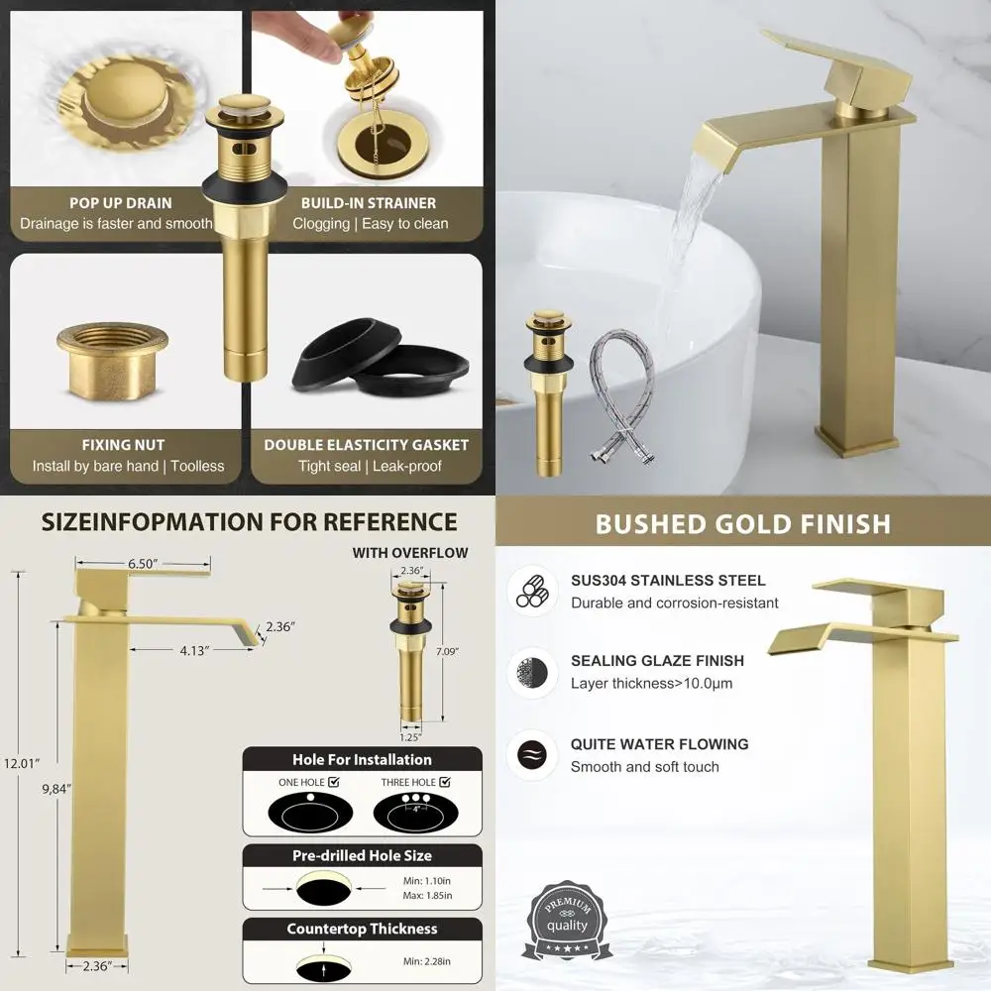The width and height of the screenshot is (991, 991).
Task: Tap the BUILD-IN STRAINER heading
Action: [x=371, y=202]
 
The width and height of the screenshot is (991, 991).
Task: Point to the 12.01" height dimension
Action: [x=21, y=764]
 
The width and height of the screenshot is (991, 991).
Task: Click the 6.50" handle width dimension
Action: [x=145, y=563]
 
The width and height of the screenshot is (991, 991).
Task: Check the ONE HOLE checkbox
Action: [x=333, y=782]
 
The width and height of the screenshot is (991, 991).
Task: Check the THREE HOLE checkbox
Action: [x=443, y=782]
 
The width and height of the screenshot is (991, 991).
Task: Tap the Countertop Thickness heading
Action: [x=362, y=929]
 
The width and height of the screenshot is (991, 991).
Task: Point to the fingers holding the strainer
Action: [x=319, y=40]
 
